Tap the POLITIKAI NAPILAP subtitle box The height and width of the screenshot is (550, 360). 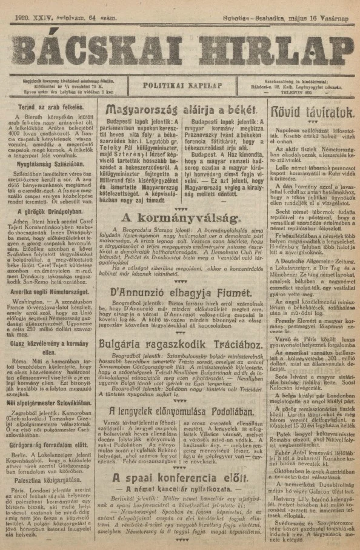click(180, 85)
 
